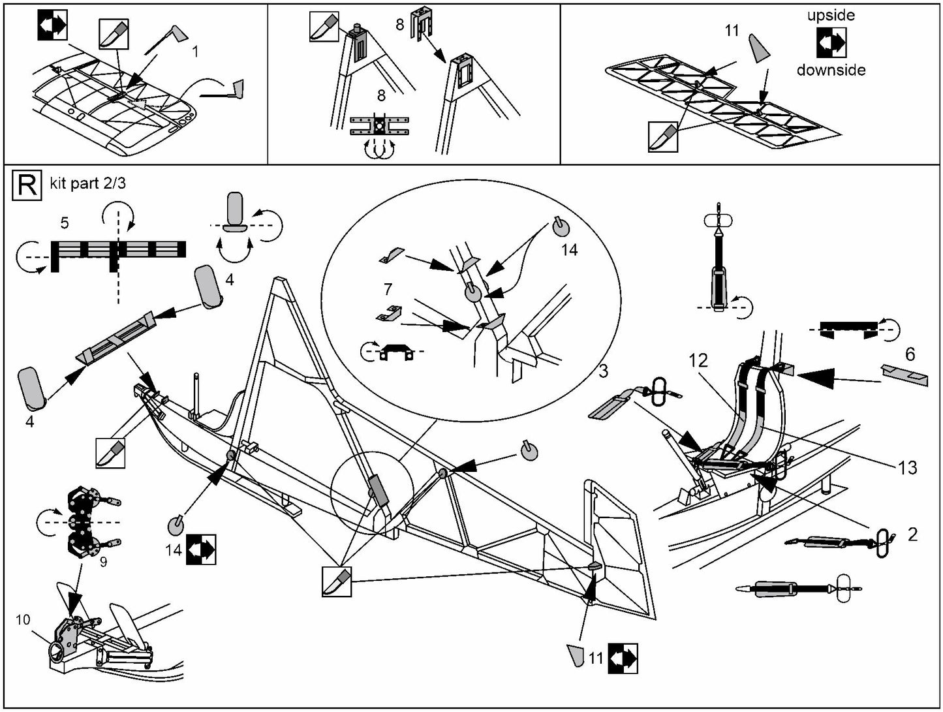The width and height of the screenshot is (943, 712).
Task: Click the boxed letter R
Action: click(x=27, y=185)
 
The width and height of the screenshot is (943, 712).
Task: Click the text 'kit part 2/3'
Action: click(x=87, y=184)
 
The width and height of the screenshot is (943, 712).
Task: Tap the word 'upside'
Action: click(x=830, y=15)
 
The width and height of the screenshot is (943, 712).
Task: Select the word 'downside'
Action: click(x=831, y=69)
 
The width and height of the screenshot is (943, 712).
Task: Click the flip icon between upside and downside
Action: click(x=831, y=42)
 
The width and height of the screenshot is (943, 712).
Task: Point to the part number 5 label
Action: click(x=64, y=223)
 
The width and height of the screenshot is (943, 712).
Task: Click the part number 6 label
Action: click(x=910, y=354)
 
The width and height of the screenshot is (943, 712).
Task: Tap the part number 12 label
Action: click(x=698, y=361)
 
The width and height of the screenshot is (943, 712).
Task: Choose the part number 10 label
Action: click(x=23, y=619)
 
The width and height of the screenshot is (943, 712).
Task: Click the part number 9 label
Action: click(x=103, y=560)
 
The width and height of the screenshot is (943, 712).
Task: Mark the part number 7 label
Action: click(x=388, y=288)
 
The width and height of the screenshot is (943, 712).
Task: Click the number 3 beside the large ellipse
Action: click(x=603, y=371)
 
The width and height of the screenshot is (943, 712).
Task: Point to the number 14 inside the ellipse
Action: click(x=569, y=250)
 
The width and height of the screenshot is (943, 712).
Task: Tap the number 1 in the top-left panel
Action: click(x=195, y=52)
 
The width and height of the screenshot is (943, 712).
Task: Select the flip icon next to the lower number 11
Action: click(x=623, y=658)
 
